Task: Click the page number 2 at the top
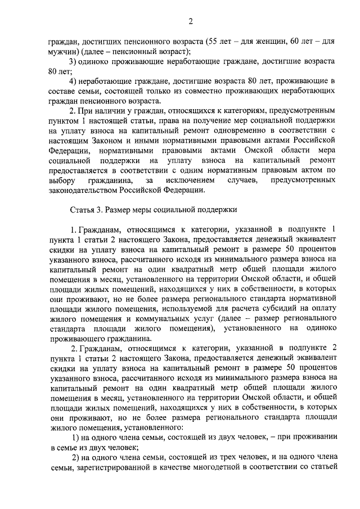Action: (x=191, y=22)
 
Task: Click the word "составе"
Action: (x=62, y=91)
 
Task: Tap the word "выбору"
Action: (x=62, y=181)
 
